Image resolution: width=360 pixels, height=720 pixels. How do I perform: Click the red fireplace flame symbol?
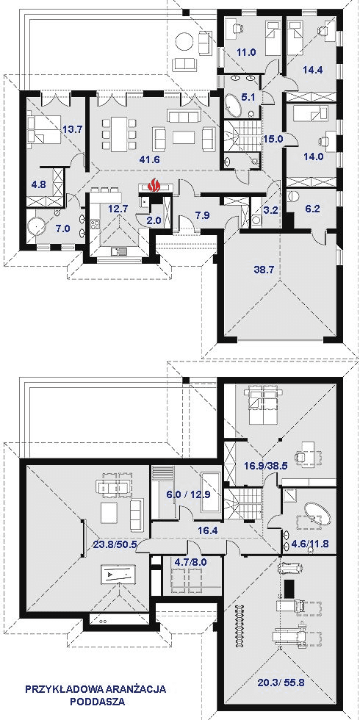(x=154, y=186)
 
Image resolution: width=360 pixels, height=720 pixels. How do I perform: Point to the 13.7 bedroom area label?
(x=71, y=130)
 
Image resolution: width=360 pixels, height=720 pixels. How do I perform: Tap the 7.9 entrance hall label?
(x=201, y=216)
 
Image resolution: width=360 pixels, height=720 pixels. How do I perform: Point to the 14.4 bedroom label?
(x=312, y=71)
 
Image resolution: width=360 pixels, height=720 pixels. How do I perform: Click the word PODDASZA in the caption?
(x=96, y=701)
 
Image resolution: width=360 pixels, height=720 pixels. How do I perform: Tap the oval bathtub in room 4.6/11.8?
(x=311, y=512)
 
